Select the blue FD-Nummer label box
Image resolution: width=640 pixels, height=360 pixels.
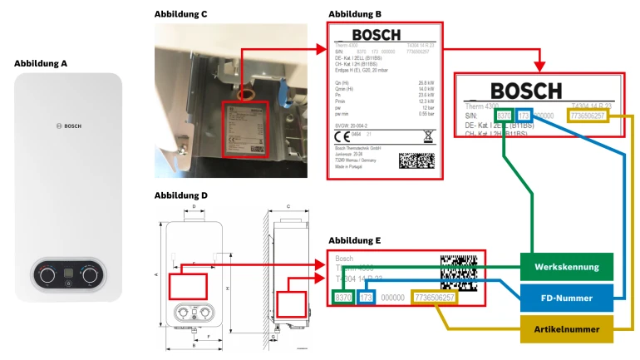point(567,297)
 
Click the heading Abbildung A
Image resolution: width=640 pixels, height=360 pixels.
point(41,62)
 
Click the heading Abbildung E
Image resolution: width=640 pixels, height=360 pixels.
point(355,240)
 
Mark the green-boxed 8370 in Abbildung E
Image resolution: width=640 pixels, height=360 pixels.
point(343,297)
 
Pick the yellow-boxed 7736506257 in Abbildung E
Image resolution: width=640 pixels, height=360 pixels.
point(433,297)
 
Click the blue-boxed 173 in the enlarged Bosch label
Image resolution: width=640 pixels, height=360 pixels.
point(524,116)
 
